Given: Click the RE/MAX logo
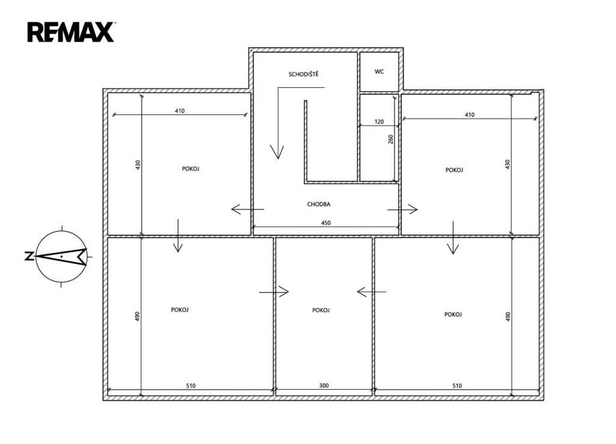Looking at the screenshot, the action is click(71, 32).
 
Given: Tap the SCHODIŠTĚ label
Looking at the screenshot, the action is click(303, 74).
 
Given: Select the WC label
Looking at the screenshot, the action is click(379, 72).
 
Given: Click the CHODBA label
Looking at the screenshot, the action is click(319, 205).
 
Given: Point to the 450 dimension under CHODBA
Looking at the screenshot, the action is click(325, 223).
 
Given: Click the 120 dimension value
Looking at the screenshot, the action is click(379, 122).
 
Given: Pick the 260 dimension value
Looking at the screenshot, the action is click(390, 139).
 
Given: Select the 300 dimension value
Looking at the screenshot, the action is click(324, 386).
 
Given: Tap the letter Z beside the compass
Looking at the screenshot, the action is click(29, 256).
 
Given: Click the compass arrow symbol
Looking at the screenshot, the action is click(62, 256).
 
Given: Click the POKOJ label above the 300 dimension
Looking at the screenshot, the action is click(321, 310).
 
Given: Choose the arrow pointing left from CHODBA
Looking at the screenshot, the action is click(247, 209).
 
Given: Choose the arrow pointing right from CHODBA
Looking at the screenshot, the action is click(402, 209).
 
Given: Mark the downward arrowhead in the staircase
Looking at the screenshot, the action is click(277, 152).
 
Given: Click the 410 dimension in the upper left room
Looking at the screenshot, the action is click(179, 111).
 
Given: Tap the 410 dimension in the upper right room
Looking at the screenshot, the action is click(469, 115).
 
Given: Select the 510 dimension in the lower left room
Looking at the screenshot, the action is click(191, 386).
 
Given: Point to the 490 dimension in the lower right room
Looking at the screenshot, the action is click(508, 316).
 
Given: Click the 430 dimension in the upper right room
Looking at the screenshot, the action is click(507, 164).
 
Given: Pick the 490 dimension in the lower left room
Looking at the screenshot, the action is click(137, 316).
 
